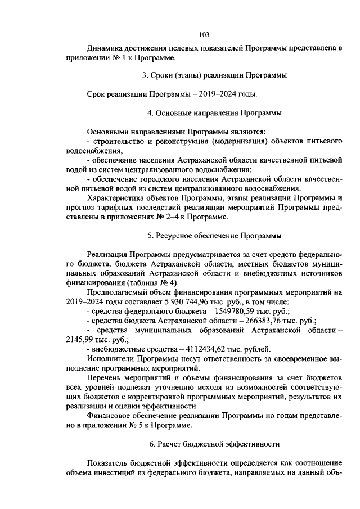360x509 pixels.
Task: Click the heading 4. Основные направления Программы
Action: (214, 112)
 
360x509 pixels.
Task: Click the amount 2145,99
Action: (79, 339)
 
